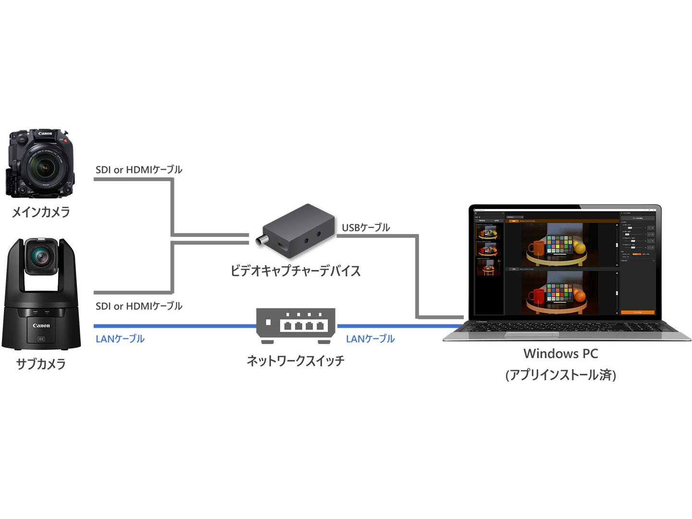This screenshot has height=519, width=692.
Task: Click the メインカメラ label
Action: pos(41,211)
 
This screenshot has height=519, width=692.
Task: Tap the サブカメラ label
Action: pos(41,364)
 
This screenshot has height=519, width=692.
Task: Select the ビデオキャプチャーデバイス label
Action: pos(295,271)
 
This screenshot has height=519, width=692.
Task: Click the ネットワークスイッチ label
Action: pos(295,360)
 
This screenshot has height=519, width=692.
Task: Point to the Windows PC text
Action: pos(560,354)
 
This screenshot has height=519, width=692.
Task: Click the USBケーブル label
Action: pos(366,227)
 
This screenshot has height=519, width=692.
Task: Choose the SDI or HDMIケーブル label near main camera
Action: pos(139,170)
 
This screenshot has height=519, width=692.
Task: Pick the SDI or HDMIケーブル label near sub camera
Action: pos(139,306)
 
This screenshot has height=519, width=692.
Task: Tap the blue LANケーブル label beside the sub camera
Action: pos(120,339)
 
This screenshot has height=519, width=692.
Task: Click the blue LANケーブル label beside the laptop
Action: pos(370,339)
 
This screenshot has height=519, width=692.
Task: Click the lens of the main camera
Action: pos(45,169)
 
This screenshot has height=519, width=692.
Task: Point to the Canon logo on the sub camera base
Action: pos(41,325)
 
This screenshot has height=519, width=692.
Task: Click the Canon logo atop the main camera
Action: pos(45,133)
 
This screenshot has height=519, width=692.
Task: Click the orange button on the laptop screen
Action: pos(637,312)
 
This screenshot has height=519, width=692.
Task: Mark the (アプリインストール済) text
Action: pos(560,375)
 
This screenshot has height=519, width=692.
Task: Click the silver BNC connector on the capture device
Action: pos(261,241)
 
